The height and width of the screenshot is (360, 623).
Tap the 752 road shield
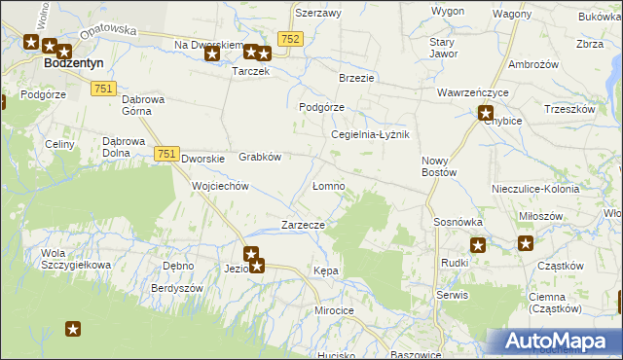click(289, 38)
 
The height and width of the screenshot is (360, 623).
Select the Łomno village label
click(328, 185)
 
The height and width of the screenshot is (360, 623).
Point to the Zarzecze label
click(303, 225)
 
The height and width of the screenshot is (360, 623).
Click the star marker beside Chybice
click(486, 113)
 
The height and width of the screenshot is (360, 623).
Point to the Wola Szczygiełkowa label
click(76, 259)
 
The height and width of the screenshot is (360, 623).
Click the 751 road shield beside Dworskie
click(165, 154)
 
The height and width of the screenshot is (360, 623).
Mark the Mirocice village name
click(333, 309)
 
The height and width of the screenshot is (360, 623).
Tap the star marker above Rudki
click(477, 245)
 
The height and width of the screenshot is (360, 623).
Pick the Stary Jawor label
click(443, 48)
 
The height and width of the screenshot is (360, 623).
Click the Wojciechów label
click(222, 186)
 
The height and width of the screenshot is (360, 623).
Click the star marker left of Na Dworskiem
click(212, 54)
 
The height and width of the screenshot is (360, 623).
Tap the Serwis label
click(453, 294)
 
